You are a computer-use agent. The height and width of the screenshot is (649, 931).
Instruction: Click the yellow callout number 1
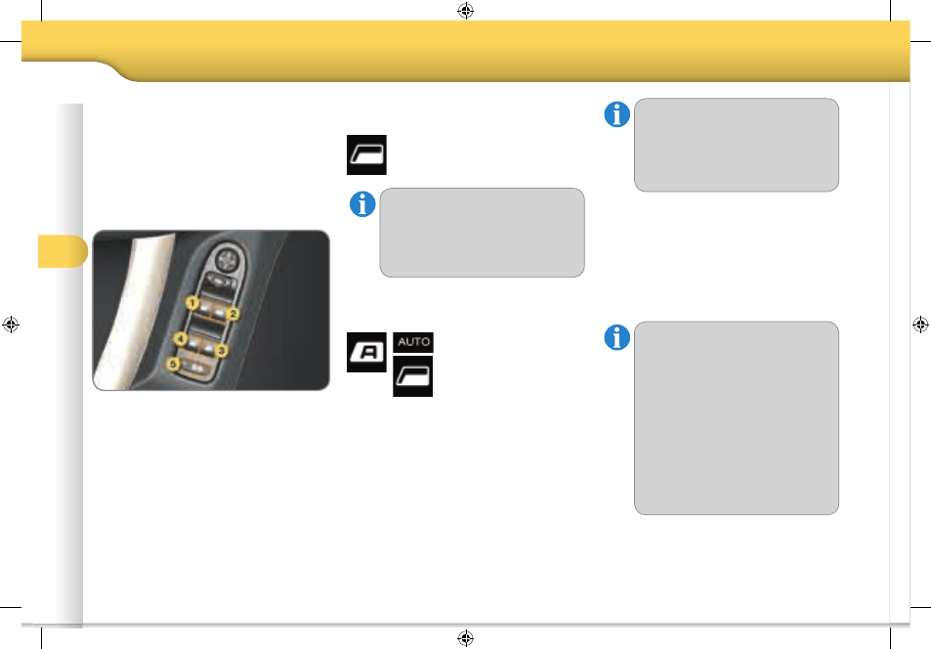191,304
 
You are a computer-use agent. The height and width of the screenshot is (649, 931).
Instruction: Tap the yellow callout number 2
233,313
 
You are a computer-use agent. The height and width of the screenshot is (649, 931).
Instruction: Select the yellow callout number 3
221,351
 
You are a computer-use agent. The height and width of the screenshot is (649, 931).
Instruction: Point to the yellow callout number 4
180,339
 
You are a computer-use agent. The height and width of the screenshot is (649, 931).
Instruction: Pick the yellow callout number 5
172,364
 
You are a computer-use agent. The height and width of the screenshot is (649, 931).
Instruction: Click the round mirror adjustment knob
226,260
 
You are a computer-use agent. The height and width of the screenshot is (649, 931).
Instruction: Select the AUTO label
413,342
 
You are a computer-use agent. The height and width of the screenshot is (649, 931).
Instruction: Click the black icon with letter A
366,353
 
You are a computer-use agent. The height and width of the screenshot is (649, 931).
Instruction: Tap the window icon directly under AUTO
412,376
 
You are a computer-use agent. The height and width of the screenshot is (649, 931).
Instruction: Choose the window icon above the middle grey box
366,154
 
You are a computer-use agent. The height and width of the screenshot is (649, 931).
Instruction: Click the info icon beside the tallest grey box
616,337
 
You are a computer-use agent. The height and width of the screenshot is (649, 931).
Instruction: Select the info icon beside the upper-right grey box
616,114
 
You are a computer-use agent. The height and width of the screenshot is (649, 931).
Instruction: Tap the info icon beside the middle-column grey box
362,204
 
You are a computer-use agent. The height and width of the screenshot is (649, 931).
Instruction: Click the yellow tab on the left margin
63,251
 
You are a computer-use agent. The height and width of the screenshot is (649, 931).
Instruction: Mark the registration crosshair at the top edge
465,11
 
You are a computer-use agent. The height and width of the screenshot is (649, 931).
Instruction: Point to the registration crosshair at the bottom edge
465,638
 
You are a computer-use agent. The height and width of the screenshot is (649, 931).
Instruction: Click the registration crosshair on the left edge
11,324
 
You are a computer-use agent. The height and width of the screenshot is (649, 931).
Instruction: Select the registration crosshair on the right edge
920,324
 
